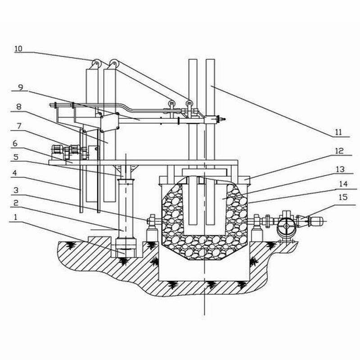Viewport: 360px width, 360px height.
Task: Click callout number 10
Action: [18, 49]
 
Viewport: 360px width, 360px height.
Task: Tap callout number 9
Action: [21, 87]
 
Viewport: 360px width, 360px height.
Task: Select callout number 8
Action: [19, 107]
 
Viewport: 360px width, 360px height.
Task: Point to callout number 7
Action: [19, 126]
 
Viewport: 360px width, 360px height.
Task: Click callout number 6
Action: [15, 144]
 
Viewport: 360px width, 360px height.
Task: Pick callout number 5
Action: [16, 157]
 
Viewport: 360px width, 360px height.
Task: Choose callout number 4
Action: [15, 173]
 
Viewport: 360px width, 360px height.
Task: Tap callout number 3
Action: [16, 190]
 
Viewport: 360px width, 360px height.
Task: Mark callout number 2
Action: [16, 203]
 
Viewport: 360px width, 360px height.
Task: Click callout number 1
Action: [15, 217]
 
